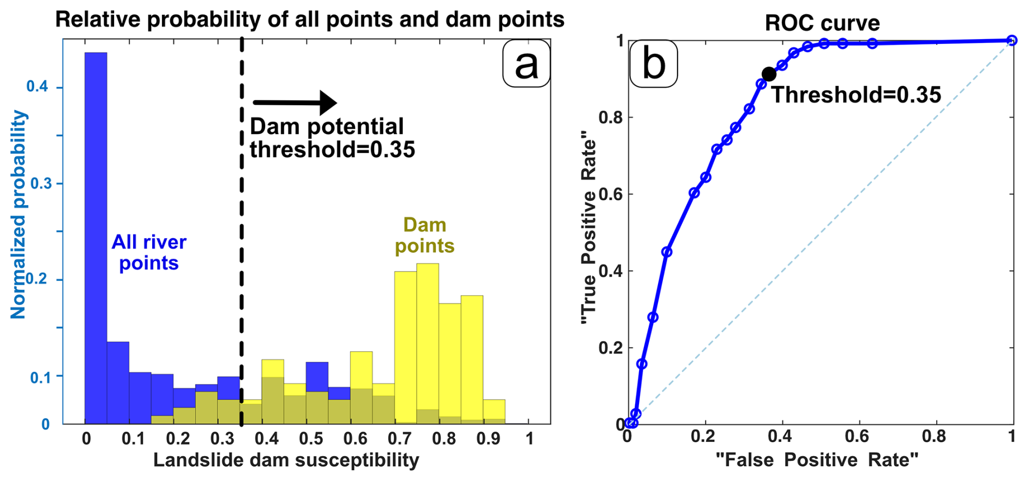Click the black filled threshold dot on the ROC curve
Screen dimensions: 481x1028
(x=769, y=74)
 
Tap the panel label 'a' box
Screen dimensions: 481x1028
(x=526, y=64)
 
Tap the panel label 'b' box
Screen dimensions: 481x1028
(x=653, y=64)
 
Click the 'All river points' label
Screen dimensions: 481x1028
(x=149, y=252)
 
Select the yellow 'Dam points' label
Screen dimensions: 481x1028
(x=424, y=235)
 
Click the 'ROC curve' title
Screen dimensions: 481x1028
(x=822, y=23)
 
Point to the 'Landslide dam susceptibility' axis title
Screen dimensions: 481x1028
(x=286, y=460)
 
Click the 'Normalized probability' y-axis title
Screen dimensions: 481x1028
(x=18, y=214)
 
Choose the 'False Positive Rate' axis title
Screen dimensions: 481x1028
(x=817, y=460)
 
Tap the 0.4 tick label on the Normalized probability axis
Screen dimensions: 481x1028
(x=37, y=87)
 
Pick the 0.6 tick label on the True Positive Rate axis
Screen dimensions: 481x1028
(x=610, y=194)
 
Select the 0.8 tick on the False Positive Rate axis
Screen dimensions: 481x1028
(x=934, y=436)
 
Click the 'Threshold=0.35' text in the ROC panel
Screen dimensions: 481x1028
(x=856, y=95)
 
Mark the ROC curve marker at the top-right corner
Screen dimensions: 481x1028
(x=1012, y=40)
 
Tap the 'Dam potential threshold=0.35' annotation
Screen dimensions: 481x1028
(x=331, y=138)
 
